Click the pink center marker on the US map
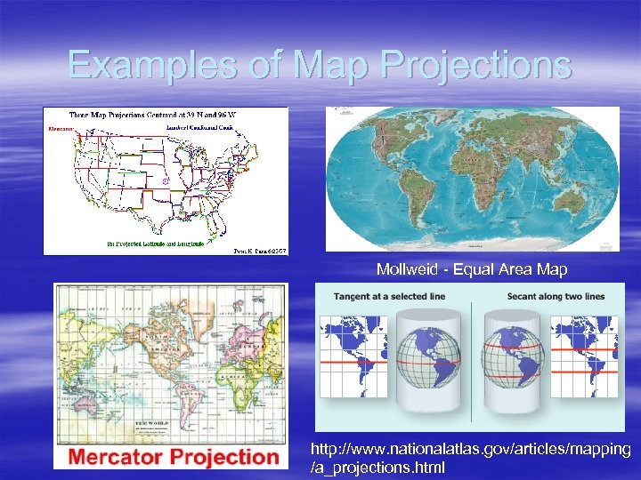pyautogui.click(x=166, y=180)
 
